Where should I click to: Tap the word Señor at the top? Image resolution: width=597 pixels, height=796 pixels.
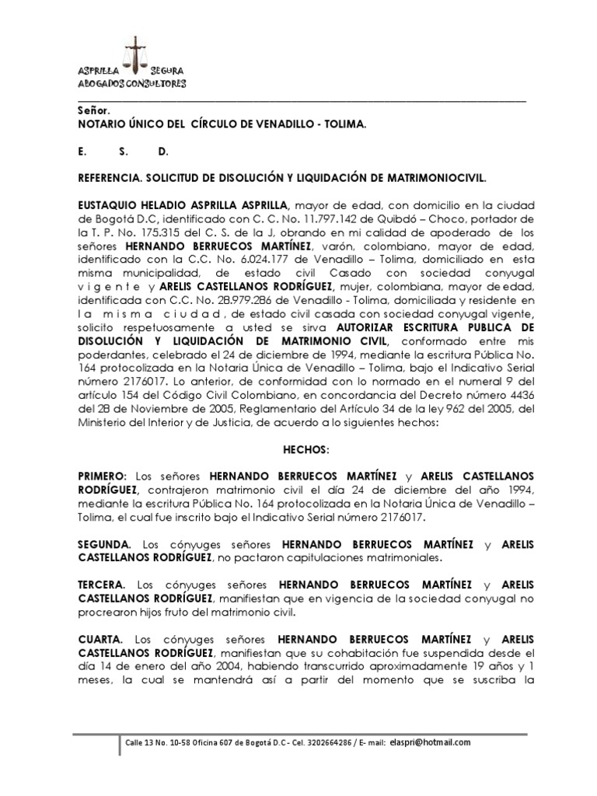pos(93,110)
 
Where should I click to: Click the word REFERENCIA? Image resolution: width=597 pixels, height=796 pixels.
pos(110,178)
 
